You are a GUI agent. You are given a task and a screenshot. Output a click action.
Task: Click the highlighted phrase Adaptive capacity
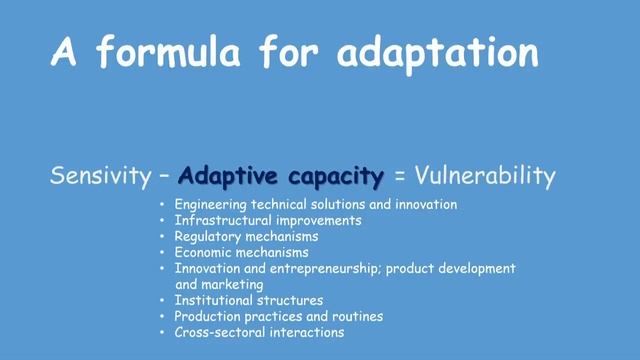pyautogui.click(x=281, y=178)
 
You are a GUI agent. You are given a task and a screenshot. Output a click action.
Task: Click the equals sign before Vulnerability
pyautogui.click(x=400, y=179)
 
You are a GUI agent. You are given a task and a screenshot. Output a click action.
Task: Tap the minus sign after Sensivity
pyautogui.click(x=163, y=179)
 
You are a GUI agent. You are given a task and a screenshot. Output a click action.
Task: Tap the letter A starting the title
pyautogui.click(x=63, y=51)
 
